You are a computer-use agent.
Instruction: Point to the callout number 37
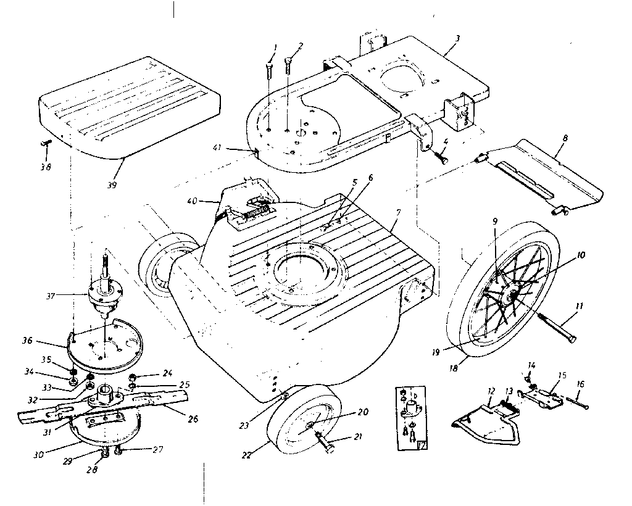point(51,296)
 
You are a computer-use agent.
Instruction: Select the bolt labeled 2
point(288,66)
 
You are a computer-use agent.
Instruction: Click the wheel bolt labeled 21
point(325,441)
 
